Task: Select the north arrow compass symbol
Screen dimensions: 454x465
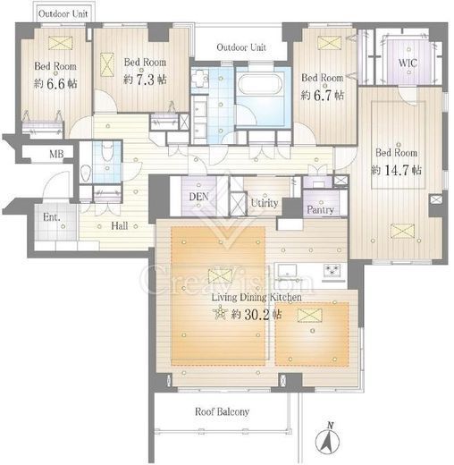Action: [x=327, y=439]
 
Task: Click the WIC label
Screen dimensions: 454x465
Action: [x=408, y=63]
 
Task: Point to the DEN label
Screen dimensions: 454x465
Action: [x=198, y=197]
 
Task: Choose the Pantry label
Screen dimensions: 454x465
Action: [x=320, y=209]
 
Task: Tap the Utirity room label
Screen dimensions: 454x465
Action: [x=265, y=203]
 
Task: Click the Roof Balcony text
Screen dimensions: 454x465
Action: [x=222, y=411]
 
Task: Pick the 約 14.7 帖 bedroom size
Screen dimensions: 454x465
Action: [x=396, y=170]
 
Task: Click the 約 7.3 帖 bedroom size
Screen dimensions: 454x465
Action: [x=145, y=80]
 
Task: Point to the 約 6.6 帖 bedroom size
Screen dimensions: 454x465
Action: [x=55, y=84]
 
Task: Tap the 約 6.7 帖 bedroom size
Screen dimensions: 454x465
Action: [x=323, y=96]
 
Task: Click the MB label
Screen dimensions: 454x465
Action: [x=56, y=154]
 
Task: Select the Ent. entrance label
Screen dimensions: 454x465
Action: [x=52, y=217]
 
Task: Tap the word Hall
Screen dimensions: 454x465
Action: [x=120, y=225]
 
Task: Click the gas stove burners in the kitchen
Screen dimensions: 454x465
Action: [x=333, y=271]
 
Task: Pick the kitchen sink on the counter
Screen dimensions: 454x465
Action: [x=288, y=271]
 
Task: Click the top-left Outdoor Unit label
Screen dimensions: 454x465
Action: [x=63, y=13]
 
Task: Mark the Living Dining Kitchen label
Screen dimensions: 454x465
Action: [x=256, y=297]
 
